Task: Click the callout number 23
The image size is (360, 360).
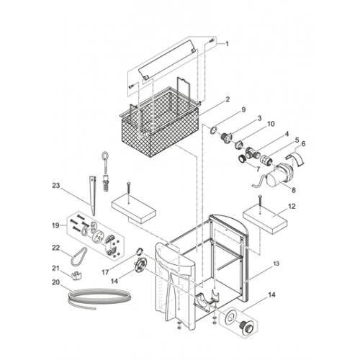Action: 55,186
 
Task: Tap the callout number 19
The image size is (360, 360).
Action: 55,225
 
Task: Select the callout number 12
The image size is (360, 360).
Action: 292,206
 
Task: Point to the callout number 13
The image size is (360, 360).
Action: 276,264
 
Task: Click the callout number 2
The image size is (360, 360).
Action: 228,99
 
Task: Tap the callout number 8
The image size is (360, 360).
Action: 294,190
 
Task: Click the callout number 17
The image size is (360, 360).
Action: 105,272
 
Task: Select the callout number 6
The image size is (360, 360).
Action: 303,143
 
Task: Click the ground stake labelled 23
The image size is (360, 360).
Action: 93,196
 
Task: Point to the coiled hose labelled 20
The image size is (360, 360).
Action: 99,297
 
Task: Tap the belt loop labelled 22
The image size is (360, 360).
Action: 78,256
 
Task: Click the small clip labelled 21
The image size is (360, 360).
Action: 77,275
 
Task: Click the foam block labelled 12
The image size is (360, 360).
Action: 265,220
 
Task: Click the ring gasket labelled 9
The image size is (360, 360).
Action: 213,130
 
